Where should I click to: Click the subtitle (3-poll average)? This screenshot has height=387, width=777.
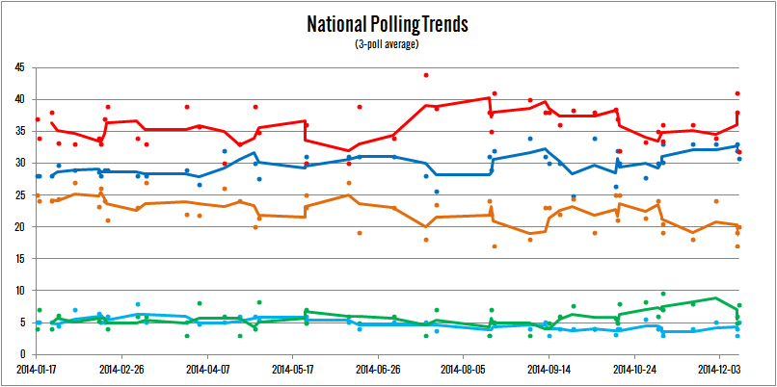point(388,43)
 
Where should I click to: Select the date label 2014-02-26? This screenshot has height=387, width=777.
point(122,368)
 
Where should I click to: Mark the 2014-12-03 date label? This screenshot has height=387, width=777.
point(720,368)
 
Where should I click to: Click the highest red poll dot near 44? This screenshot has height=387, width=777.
point(426,75)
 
